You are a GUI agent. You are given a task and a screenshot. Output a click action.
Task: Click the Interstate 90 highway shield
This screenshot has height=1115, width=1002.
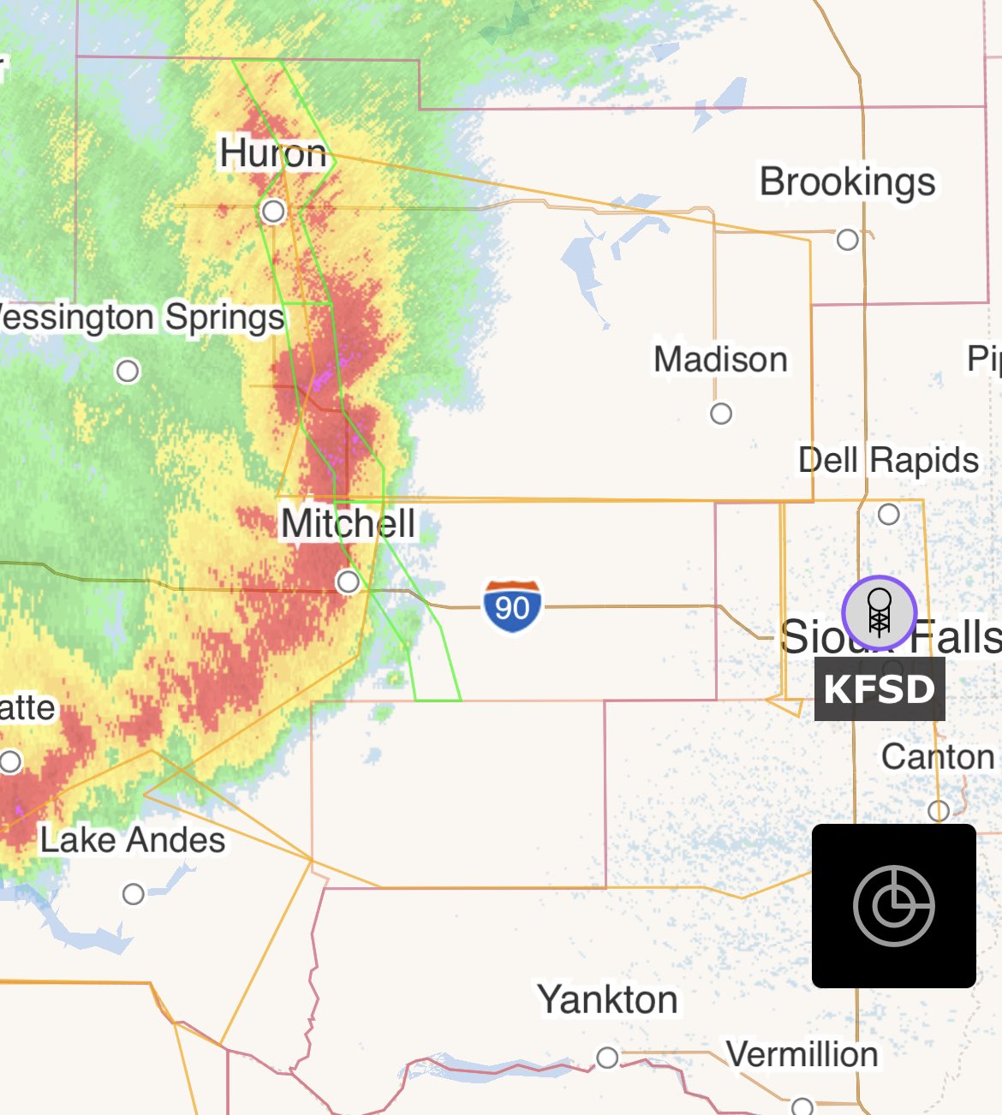coord(512,606)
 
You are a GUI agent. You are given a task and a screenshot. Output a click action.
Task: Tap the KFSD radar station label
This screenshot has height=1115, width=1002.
coord(880,689)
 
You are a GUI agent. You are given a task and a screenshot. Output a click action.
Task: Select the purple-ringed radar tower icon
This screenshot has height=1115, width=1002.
coord(880,613)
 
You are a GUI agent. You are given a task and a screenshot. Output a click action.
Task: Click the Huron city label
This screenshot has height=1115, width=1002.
coord(273,154)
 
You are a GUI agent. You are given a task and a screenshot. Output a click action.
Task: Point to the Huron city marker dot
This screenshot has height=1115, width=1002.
coord(273,211)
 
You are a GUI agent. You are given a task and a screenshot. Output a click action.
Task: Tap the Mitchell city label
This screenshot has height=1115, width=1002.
coord(348,523)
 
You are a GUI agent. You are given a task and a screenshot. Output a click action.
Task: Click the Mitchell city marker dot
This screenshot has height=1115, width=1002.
coord(348,582)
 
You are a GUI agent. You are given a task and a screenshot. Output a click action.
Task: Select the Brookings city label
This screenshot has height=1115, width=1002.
coord(847,182)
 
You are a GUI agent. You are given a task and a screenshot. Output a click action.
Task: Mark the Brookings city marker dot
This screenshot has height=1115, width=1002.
coord(847,240)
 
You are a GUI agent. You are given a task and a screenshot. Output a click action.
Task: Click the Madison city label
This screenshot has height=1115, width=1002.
coord(720,360)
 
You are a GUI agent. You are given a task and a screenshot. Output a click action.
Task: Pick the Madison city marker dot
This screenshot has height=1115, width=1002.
coord(721,414)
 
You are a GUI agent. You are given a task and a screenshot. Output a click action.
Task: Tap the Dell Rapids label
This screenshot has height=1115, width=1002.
coord(888,461)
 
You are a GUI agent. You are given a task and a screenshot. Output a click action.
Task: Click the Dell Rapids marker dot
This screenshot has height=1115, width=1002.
coord(889,515)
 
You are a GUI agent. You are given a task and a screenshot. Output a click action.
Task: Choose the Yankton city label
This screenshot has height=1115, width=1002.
coord(607,999)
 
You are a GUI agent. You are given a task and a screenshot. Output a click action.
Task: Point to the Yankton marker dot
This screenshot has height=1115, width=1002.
coord(607,1058)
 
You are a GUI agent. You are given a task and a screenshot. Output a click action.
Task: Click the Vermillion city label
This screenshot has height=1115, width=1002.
coord(802,1055)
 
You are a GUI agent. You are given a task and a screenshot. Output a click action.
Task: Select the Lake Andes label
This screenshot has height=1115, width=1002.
coord(133,840)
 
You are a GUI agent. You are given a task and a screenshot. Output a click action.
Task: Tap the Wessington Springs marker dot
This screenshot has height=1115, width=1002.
coord(128,371)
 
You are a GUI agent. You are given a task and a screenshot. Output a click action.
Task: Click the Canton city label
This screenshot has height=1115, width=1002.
coord(938,757)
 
